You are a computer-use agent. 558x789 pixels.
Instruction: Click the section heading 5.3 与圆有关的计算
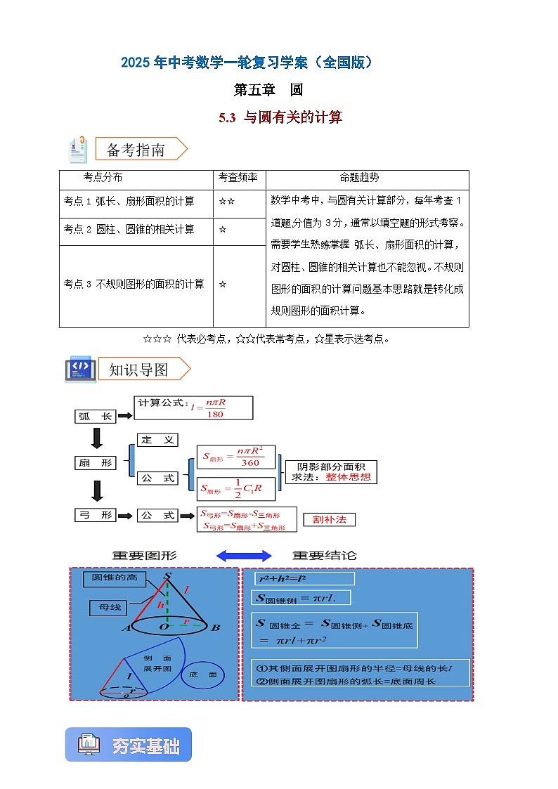click(280, 118)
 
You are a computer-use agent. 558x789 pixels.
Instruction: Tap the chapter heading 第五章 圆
click(268, 90)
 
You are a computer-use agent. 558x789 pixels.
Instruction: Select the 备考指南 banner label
click(136, 150)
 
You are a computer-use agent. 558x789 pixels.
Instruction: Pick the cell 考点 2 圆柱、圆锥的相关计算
click(129, 230)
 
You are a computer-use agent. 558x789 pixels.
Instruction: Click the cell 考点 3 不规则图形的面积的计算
click(134, 285)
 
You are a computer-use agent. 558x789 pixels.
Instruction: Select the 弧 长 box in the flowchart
click(96, 417)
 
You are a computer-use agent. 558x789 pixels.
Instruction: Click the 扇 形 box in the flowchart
click(96, 463)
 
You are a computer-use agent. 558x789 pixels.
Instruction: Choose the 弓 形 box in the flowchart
click(96, 516)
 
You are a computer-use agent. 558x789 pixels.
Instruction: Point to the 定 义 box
click(157, 441)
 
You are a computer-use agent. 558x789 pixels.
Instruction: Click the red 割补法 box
click(329, 520)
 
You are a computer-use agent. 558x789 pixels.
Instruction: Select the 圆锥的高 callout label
click(115, 579)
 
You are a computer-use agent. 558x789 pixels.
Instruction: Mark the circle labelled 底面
click(202, 675)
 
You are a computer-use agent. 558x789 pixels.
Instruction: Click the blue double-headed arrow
click(233, 556)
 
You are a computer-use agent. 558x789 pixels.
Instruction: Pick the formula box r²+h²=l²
click(304, 579)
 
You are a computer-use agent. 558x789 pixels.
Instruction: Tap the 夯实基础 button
click(129, 745)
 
